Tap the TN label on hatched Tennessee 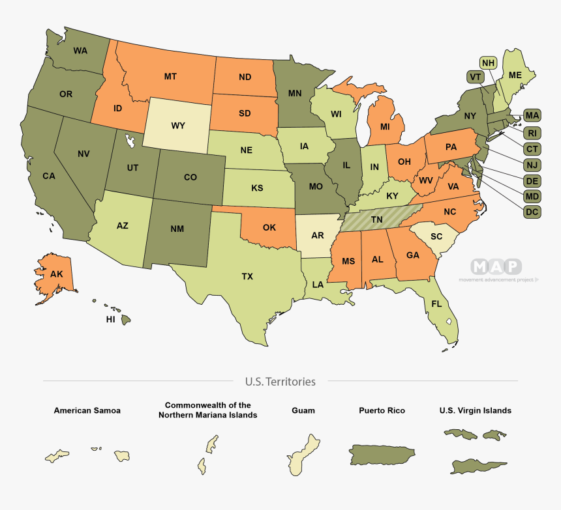377,220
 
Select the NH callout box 488,63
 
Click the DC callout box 532,211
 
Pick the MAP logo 496,266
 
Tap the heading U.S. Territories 280,382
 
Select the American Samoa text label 87,411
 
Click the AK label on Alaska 57,274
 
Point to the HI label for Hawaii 111,320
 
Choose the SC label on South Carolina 436,236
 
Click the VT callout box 475,77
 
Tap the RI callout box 532,133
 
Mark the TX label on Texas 247,277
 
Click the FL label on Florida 436,304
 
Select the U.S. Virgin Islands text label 475,411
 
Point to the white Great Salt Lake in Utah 130,140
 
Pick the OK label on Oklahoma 269,228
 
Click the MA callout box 532,116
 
